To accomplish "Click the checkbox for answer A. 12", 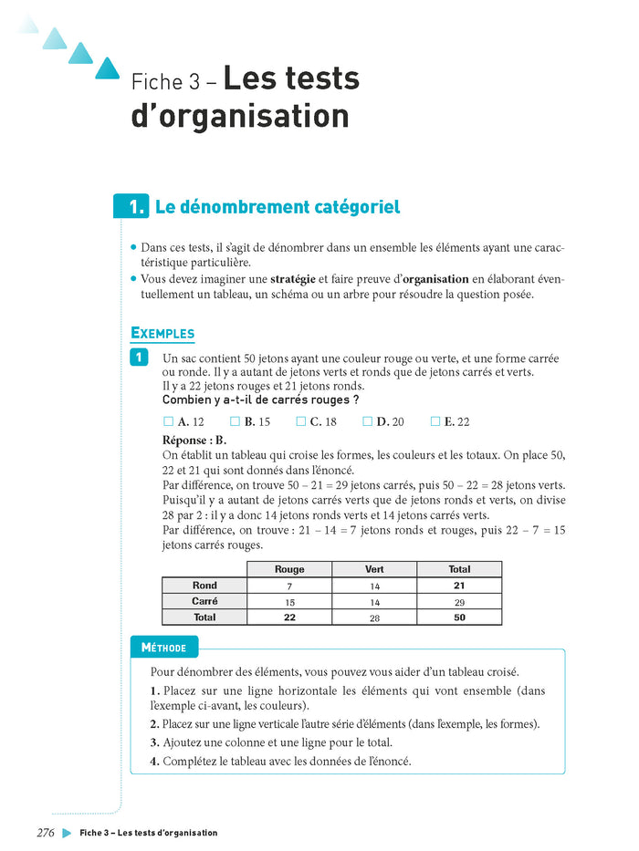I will [168, 421].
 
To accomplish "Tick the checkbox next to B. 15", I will [235, 421].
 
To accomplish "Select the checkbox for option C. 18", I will [301, 421].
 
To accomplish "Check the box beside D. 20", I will [368, 421].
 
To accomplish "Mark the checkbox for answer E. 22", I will [435, 421].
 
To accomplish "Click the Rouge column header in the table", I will [289, 569].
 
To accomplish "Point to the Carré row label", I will [204, 602].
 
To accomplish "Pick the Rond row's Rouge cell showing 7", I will [289, 586].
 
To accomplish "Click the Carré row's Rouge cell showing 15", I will [289, 602].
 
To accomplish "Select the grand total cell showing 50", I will [459, 617].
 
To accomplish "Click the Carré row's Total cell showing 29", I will [459, 602].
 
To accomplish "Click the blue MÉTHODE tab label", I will [164, 648].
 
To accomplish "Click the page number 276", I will [46, 833].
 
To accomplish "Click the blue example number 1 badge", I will [140, 358].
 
